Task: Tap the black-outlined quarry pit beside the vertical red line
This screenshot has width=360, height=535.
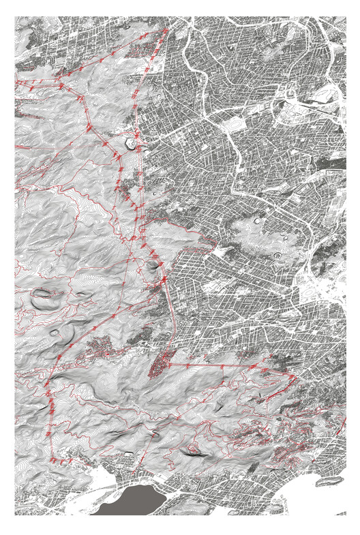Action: (x=129, y=143)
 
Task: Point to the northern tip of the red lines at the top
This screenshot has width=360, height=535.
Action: (x=166, y=31)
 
